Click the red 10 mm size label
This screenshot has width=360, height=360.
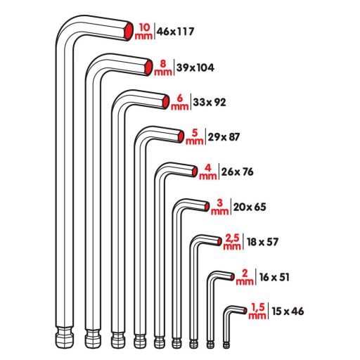(x=144, y=30)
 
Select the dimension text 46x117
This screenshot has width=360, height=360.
(x=175, y=31)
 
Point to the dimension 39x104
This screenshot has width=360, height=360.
(x=195, y=67)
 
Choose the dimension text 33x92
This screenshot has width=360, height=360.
(x=210, y=102)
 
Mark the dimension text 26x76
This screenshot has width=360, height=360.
(x=237, y=172)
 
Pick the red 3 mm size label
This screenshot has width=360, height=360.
(x=220, y=206)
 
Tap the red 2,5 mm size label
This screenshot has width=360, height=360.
(x=233, y=241)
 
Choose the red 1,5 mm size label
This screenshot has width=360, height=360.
(x=257, y=310)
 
